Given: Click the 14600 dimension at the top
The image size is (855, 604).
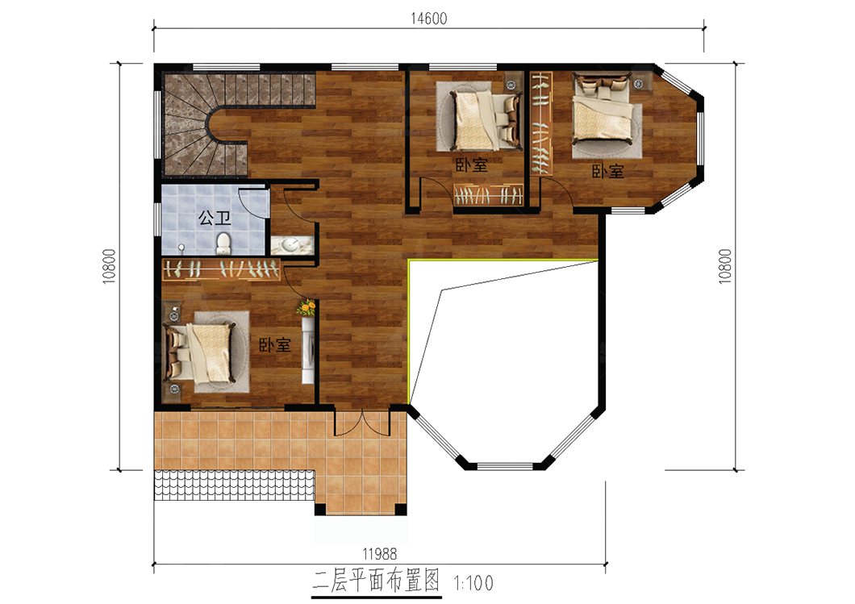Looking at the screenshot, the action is coord(428,19).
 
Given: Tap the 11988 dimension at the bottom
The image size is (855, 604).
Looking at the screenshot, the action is coord(380,554).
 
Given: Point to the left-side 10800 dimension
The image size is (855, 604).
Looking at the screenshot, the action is coord(109,266).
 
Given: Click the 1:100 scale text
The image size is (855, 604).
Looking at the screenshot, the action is coord(473,583).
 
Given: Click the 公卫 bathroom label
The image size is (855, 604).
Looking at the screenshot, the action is coord(215,219).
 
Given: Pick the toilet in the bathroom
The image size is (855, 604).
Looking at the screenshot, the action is coord(223,243).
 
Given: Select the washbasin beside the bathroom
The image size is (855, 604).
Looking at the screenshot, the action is coord(292,245).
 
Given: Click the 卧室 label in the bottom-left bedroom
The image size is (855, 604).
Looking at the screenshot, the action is coord(274,344).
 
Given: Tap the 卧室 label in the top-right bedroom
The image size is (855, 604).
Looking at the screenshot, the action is coord(608,171).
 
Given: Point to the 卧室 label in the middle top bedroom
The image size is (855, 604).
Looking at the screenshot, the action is coord(471,165).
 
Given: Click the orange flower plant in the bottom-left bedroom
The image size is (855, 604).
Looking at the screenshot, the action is coord(307,308).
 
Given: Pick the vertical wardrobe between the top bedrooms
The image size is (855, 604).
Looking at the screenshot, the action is coord(541,123).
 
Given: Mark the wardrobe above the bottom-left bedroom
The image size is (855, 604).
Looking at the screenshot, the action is coord(222,269).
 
